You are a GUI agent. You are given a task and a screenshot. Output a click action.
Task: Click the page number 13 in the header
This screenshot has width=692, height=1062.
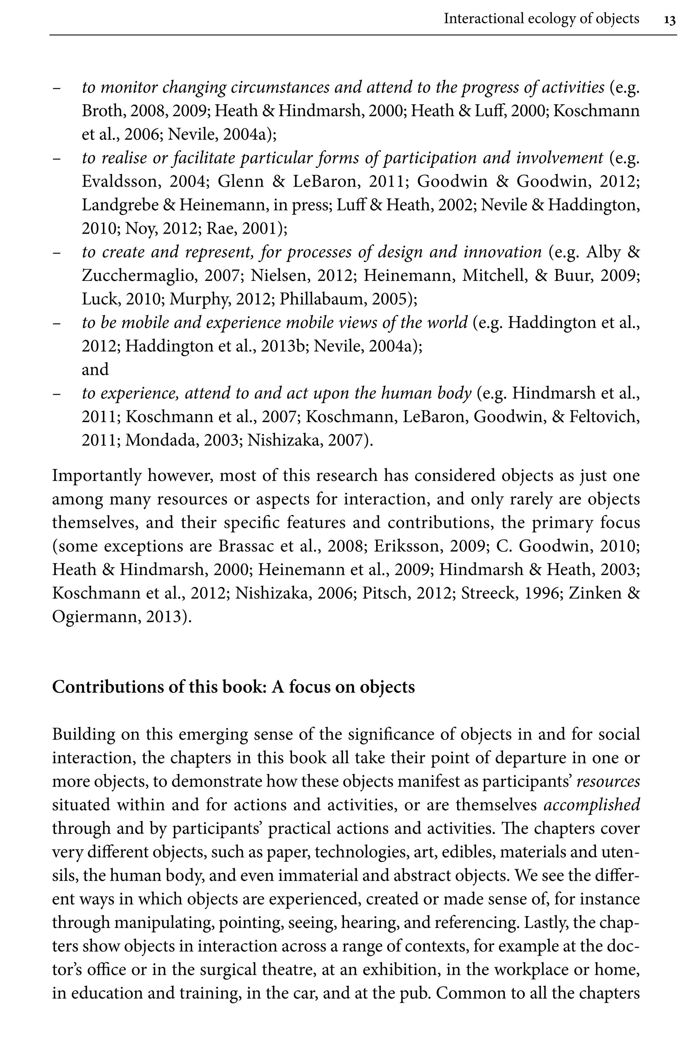click(x=669, y=20)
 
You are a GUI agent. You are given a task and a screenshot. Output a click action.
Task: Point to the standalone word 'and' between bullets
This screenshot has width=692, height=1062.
click(x=95, y=369)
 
